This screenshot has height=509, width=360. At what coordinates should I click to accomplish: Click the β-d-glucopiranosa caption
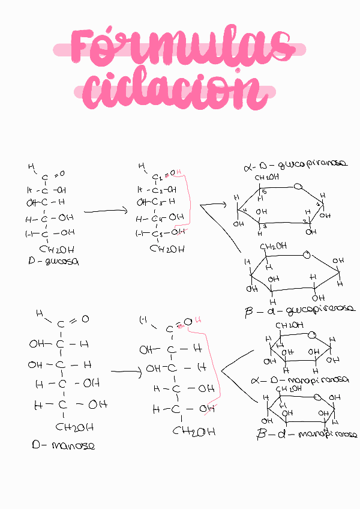click(x=300, y=310)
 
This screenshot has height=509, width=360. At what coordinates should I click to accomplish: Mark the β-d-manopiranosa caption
click(x=306, y=434)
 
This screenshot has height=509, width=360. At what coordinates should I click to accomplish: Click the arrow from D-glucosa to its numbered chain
click(x=105, y=211)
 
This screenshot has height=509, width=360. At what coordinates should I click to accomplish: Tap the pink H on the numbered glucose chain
click(x=178, y=172)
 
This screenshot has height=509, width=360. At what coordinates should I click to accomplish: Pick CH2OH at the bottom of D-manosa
click(x=74, y=427)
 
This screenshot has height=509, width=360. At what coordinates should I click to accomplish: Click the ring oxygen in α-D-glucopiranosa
click(x=298, y=187)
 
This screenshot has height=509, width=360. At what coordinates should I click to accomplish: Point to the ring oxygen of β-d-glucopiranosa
click(x=307, y=255)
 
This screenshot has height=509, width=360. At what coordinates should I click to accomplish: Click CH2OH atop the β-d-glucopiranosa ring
click(x=273, y=246)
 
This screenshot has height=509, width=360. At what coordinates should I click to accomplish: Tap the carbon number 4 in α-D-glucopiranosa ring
click(x=245, y=209)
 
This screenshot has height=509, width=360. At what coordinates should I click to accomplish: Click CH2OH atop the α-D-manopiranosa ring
click(x=289, y=325)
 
